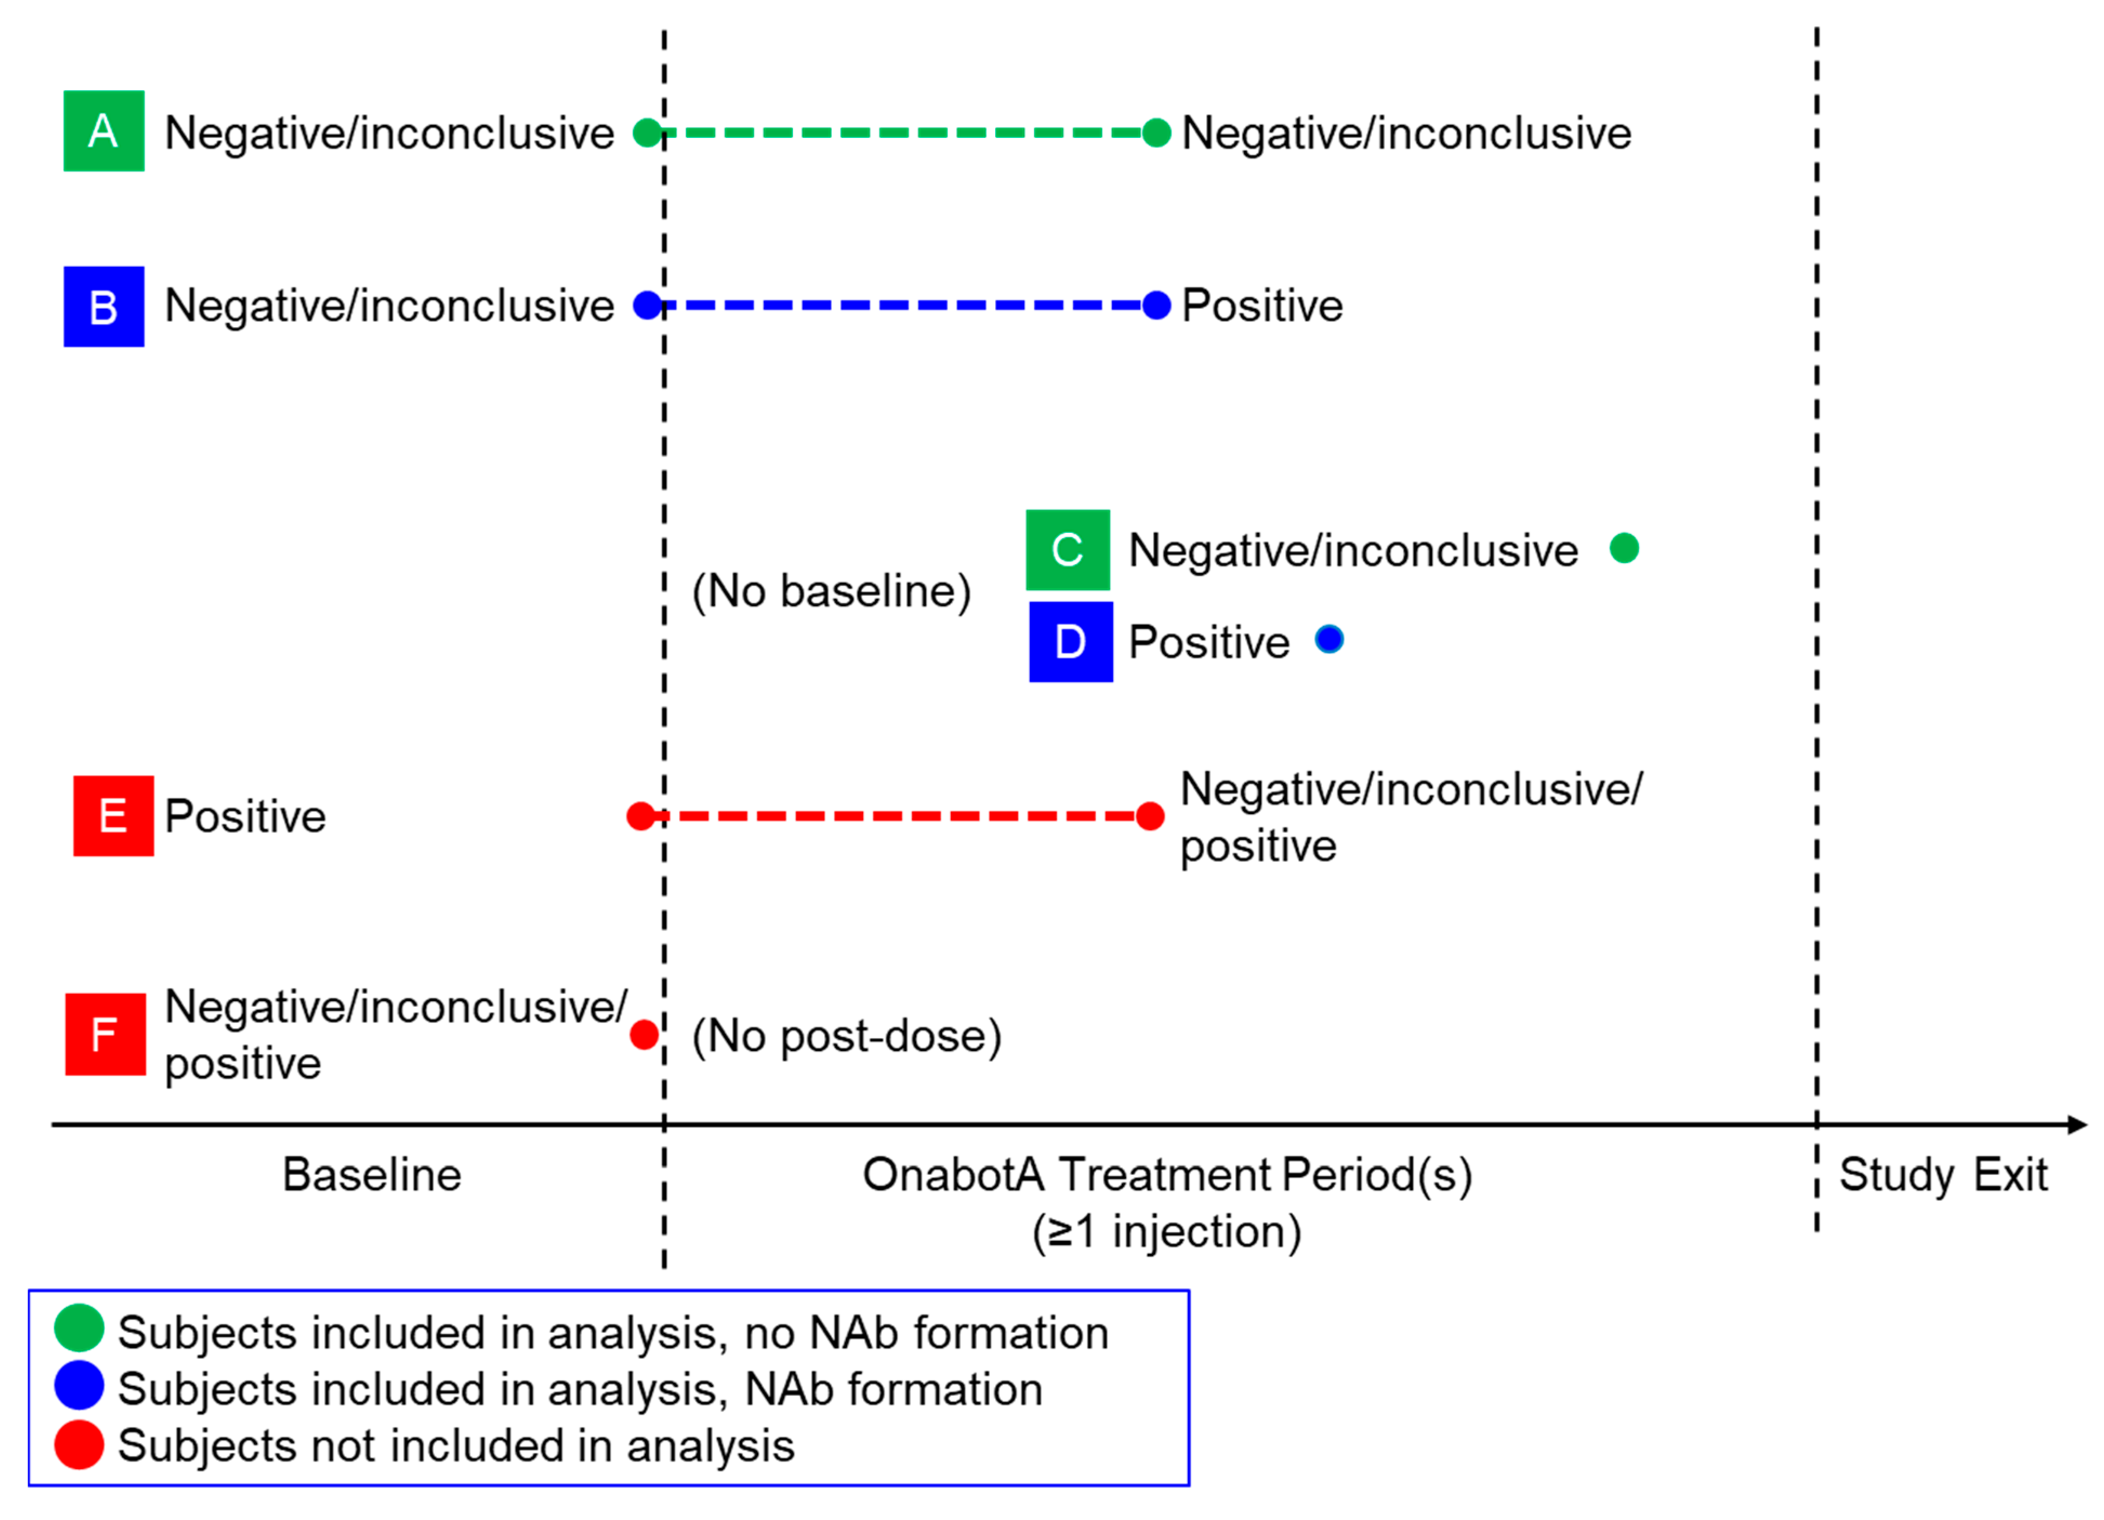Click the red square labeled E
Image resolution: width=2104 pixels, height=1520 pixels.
point(113,816)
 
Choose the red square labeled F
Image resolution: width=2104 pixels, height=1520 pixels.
point(105,1034)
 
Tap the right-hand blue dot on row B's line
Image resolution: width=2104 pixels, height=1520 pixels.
point(1156,305)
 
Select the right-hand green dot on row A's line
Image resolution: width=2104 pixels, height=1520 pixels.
point(1156,133)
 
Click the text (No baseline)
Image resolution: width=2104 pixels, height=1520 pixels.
point(831,591)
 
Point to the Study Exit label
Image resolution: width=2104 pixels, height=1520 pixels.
point(1943,1175)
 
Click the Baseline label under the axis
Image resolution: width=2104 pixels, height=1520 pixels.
point(371,1175)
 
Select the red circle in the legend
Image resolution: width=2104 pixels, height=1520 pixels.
point(79,1445)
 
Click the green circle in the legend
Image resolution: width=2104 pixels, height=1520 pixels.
point(79,1328)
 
